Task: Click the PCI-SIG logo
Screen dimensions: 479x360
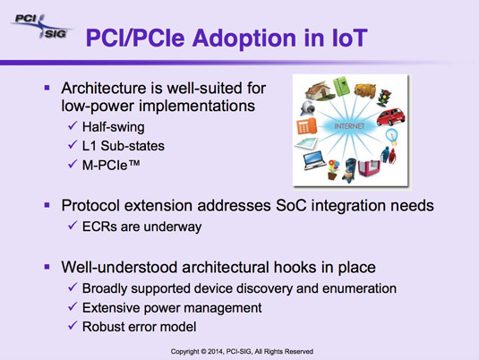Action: (41, 26)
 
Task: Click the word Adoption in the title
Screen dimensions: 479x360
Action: (245, 39)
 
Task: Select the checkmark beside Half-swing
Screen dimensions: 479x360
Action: (73, 125)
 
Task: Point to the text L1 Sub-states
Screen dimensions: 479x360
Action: (124, 146)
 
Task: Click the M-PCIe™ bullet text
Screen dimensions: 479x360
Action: (111, 165)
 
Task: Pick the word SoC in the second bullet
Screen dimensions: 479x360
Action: (290, 205)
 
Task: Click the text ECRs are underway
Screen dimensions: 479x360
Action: (141, 227)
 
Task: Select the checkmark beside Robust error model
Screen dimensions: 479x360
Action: (73, 325)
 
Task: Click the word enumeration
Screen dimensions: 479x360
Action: (359, 288)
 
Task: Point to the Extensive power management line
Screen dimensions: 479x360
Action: (172, 308)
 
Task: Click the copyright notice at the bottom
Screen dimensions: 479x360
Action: (242, 351)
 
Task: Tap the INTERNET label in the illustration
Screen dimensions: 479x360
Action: (349, 126)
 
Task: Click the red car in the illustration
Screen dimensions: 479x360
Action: (390, 116)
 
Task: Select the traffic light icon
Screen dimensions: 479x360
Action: (384, 98)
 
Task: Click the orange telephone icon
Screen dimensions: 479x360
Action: (306, 125)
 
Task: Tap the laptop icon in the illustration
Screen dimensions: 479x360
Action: (315, 160)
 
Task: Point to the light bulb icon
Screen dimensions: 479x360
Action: (392, 137)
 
